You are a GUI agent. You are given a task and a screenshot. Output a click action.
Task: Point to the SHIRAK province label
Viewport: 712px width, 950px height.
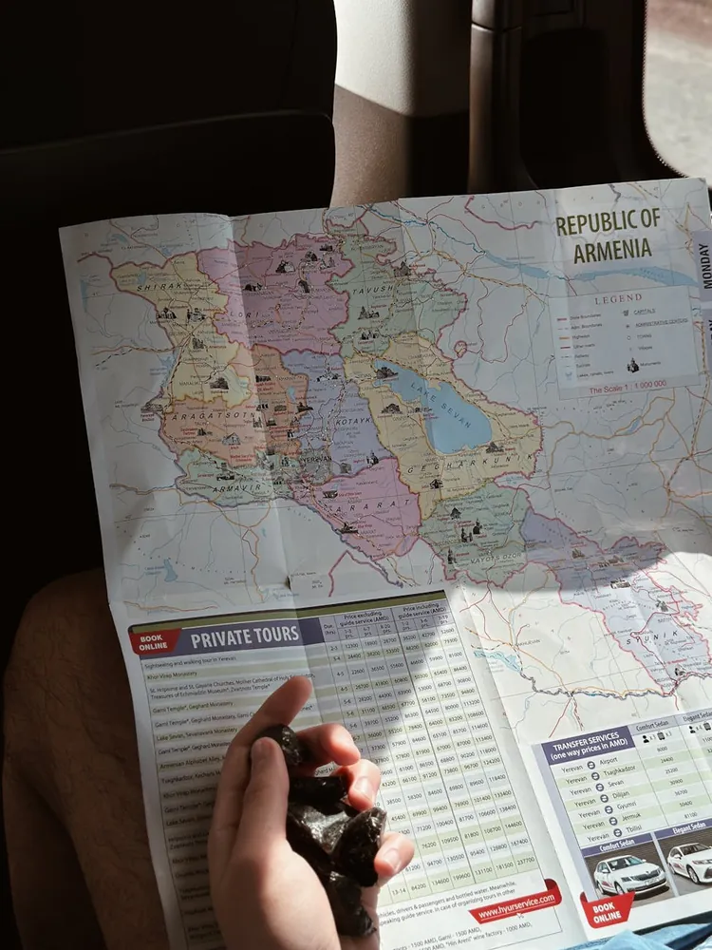click(x=159, y=285)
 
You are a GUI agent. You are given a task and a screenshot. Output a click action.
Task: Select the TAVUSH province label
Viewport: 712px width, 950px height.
click(x=374, y=288)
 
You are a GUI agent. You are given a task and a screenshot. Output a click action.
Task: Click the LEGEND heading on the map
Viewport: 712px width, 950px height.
click(x=618, y=297)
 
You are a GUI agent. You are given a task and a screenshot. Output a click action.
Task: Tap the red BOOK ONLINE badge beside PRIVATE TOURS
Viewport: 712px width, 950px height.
click(x=153, y=641)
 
